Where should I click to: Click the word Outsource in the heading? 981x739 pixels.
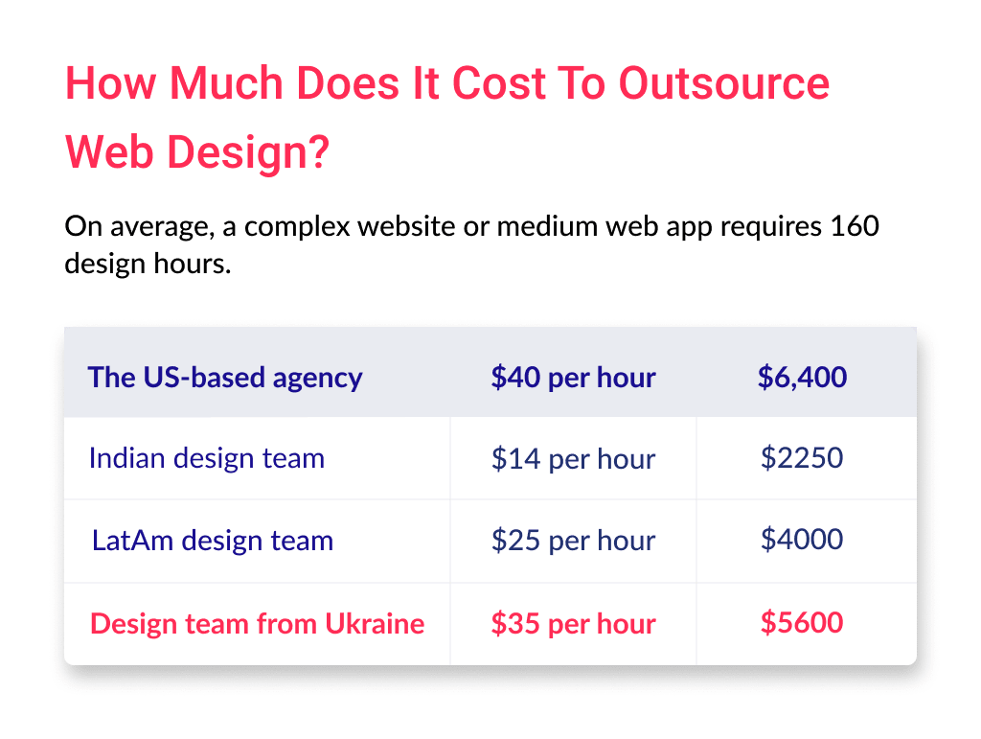(x=724, y=83)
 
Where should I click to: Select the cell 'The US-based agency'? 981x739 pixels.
(x=225, y=377)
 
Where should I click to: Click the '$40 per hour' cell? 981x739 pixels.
(x=573, y=377)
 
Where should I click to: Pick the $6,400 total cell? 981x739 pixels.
(x=802, y=377)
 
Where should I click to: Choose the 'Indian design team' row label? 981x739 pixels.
(x=206, y=458)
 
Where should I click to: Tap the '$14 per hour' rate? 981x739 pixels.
(x=573, y=459)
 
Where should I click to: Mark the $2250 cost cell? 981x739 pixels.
(x=802, y=458)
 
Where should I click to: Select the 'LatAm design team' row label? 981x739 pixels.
(x=213, y=541)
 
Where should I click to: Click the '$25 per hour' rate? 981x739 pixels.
(x=573, y=541)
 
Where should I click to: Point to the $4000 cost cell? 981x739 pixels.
(x=802, y=540)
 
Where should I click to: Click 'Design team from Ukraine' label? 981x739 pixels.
(x=257, y=624)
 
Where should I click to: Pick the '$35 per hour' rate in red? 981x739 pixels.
(x=573, y=624)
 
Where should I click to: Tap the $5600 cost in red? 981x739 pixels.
(x=802, y=623)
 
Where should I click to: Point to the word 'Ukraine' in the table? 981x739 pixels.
(x=374, y=624)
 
